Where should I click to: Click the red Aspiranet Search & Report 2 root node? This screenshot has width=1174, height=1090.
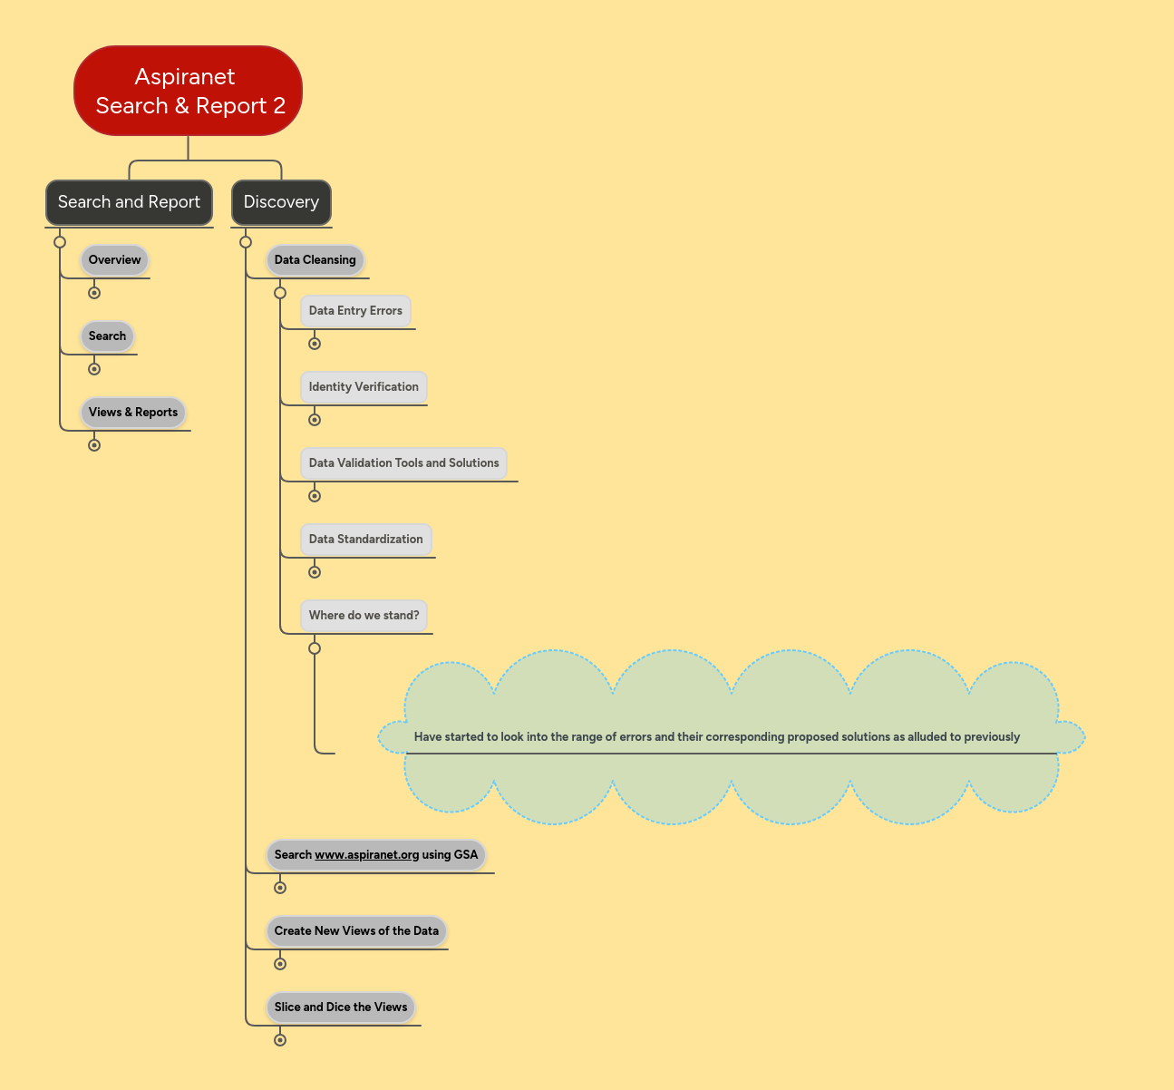188,91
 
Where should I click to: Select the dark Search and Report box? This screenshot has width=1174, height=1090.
129,202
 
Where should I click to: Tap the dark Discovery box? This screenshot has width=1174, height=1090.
281,202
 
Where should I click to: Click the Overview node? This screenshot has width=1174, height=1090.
114,260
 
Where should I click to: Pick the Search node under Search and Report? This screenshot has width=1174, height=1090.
107,336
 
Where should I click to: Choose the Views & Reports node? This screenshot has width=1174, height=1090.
132,413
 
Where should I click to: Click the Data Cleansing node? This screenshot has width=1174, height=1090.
315,260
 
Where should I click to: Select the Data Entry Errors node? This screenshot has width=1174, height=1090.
355,311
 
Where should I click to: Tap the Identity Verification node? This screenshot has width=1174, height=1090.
364,387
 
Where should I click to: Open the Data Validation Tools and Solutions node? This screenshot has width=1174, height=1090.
403,463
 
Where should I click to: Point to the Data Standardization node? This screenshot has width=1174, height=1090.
365,540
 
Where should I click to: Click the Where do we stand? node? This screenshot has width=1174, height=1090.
364,616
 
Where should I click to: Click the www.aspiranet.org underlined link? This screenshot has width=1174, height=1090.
366,855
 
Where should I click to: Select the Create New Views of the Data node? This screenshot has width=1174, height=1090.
356,931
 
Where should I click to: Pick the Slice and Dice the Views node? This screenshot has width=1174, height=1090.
341,1007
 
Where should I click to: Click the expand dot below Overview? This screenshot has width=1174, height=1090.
94,293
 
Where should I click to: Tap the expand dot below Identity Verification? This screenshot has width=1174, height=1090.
315,420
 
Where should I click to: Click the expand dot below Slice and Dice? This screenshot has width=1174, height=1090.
280,1040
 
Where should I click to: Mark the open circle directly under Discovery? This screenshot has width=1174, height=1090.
246,242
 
